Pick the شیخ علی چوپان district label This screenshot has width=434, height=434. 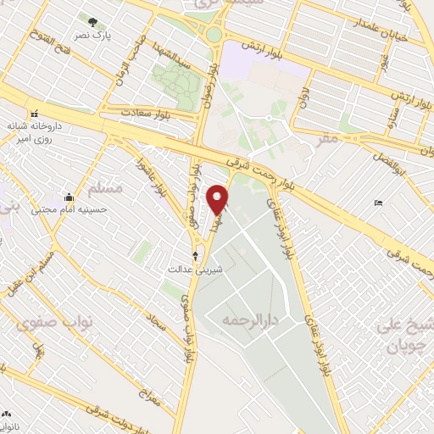pyautogui.click(x=409, y=337)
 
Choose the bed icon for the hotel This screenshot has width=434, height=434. pyautogui.click(x=377, y=203)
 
